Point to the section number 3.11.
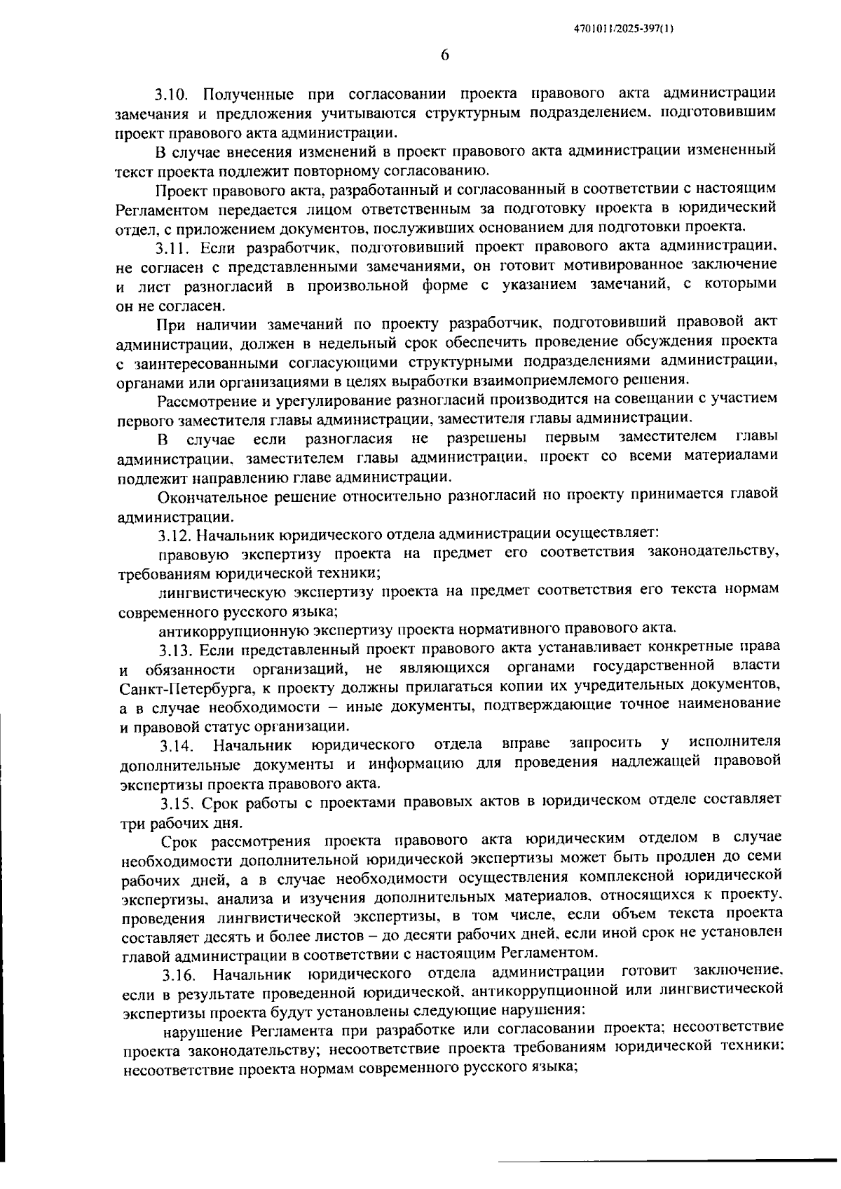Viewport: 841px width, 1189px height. click(173, 247)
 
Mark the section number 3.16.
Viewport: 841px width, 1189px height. click(180, 973)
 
